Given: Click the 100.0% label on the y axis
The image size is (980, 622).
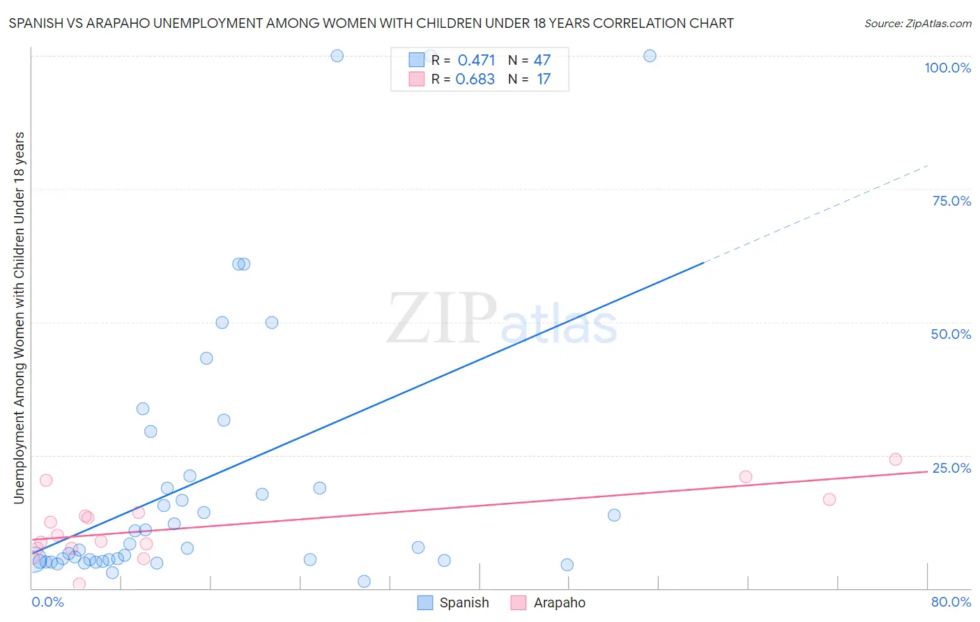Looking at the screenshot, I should click(x=947, y=68).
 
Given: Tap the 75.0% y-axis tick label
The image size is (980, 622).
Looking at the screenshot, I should click(x=951, y=201).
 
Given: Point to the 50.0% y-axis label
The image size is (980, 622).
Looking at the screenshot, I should click(x=951, y=334).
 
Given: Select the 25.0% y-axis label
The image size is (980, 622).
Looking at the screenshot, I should click(x=951, y=468).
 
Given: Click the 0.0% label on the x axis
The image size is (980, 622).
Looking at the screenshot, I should click(x=47, y=602).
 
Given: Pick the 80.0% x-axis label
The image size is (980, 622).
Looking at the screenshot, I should click(x=951, y=602).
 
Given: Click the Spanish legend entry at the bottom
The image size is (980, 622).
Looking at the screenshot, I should click(x=464, y=602).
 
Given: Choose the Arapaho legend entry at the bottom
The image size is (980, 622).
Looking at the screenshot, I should click(x=559, y=602).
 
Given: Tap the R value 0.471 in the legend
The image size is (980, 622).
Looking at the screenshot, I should click(x=476, y=60).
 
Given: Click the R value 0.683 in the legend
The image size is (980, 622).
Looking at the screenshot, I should click(x=475, y=79).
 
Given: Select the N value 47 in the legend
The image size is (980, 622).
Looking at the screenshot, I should click(x=542, y=60).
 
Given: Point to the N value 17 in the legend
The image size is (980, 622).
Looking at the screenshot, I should click(x=543, y=79).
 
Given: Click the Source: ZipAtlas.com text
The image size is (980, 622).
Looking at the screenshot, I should click(x=917, y=23).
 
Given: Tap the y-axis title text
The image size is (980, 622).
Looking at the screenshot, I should click(x=19, y=318).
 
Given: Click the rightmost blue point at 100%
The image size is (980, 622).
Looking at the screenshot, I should click(x=650, y=56).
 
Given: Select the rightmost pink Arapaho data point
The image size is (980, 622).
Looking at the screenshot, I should click(x=896, y=460).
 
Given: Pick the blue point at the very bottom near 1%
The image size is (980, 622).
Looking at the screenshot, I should click(x=364, y=582).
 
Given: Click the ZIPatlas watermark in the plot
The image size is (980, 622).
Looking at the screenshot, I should click(x=502, y=319).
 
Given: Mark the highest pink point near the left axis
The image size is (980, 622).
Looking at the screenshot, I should click(x=46, y=480).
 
